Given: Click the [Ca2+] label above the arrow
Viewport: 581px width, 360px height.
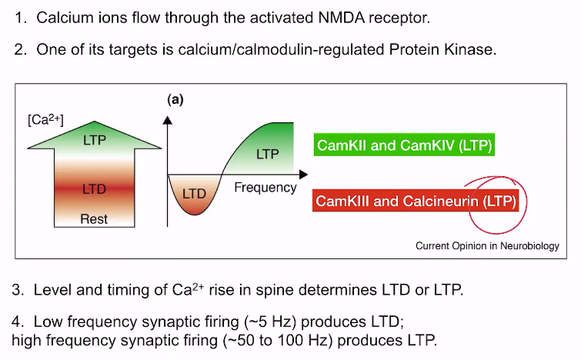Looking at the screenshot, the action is click(45, 119).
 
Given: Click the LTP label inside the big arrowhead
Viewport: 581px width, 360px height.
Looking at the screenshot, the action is click(95, 140).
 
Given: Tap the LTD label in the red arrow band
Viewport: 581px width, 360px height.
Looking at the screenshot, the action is click(94, 189).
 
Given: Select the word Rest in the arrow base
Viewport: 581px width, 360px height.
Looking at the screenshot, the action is click(94, 219).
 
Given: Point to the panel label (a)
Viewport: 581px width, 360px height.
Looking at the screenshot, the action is click(175, 99).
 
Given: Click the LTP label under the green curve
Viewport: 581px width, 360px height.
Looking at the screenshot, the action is click(268, 154).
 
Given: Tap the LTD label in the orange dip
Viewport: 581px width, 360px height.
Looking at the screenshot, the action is click(194, 193).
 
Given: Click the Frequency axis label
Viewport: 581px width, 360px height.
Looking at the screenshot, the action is click(265, 188).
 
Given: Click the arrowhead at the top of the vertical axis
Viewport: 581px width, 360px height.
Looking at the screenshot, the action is click(168, 120).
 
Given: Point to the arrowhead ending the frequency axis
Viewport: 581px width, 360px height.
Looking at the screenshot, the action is click(303, 174).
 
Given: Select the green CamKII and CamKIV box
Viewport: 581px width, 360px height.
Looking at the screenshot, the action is click(404, 145).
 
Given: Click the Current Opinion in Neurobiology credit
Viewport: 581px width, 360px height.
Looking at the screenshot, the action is click(487, 246).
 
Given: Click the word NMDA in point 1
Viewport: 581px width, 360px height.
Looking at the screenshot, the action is click(341, 18).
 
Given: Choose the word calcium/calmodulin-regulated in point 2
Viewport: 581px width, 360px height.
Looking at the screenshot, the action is click(281, 50).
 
